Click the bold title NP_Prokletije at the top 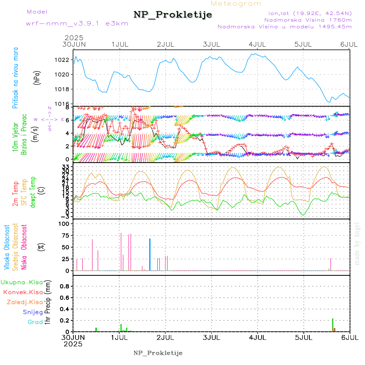[173, 15]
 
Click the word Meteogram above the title [236, 4]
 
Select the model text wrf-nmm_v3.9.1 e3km [77, 24]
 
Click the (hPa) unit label [37, 77]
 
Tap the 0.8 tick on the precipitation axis [64, 286]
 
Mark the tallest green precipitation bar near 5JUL [333, 325]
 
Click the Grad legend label [35, 322]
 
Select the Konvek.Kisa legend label [23, 292]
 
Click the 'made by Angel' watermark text [357, 243]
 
